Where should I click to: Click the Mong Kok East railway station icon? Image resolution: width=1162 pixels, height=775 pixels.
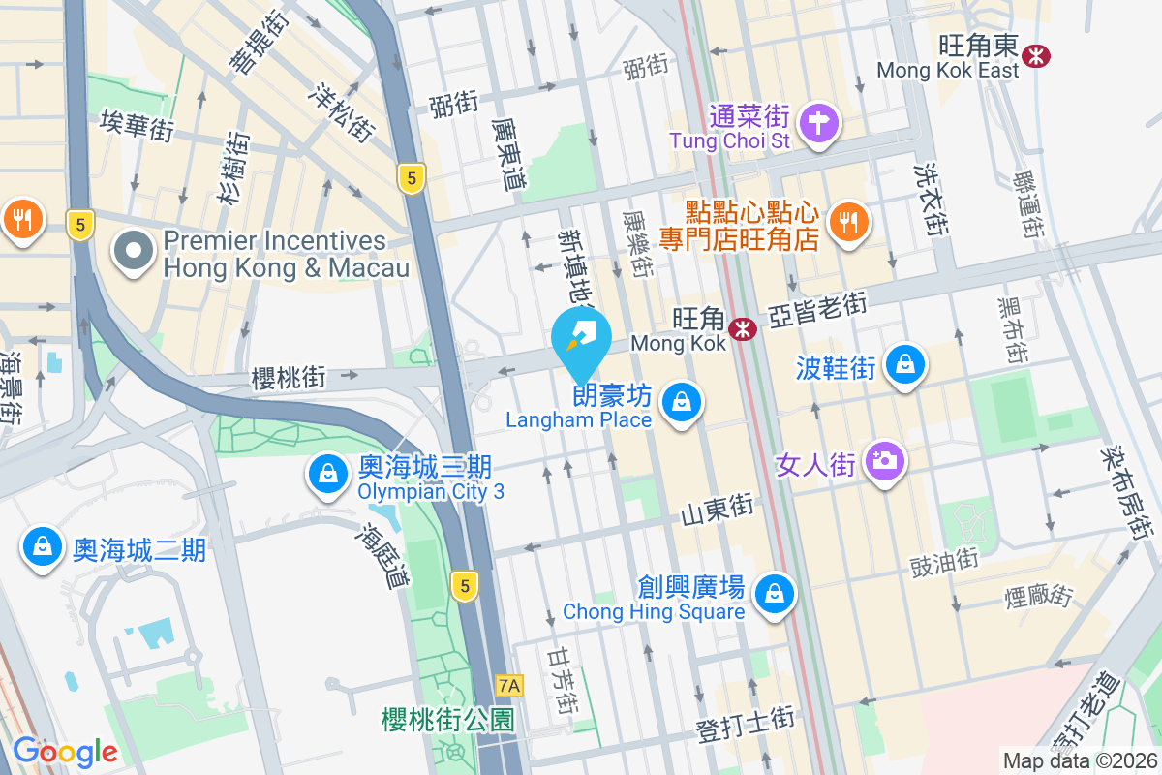pyautogui.click(x=1036, y=55)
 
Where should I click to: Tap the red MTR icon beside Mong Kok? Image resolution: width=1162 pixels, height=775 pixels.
pyautogui.click(x=743, y=329)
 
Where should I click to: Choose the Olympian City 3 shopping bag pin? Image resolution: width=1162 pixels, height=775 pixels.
pyautogui.click(x=328, y=475)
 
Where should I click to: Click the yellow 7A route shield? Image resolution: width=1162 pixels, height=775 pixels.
pyautogui.click(x=508, y=686)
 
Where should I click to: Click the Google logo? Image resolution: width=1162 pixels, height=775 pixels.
pyautogui.click(x=65, y=751)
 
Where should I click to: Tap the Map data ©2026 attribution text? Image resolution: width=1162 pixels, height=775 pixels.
pyautogui.click(x=1079, y=760)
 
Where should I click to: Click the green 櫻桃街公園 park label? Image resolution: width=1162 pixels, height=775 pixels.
pyautogui.click(x=447, y=719)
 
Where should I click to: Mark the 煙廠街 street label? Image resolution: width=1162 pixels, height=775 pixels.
pyautogui.click(x=1036, y=593)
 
